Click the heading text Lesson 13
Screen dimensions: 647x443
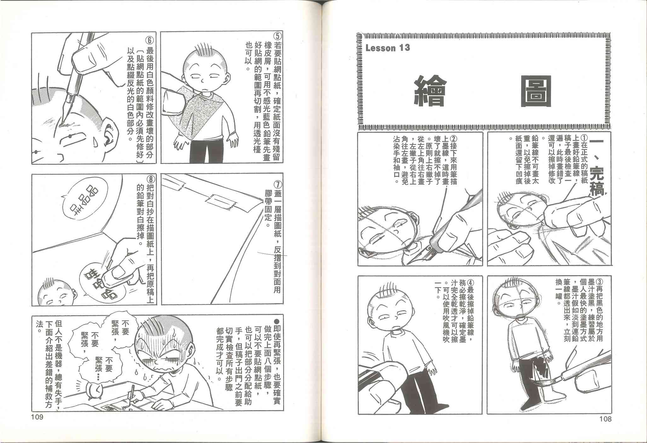pyautogui.click(x=388, y=48)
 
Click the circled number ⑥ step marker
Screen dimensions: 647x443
pyautogui.click(x=150, y=40)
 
